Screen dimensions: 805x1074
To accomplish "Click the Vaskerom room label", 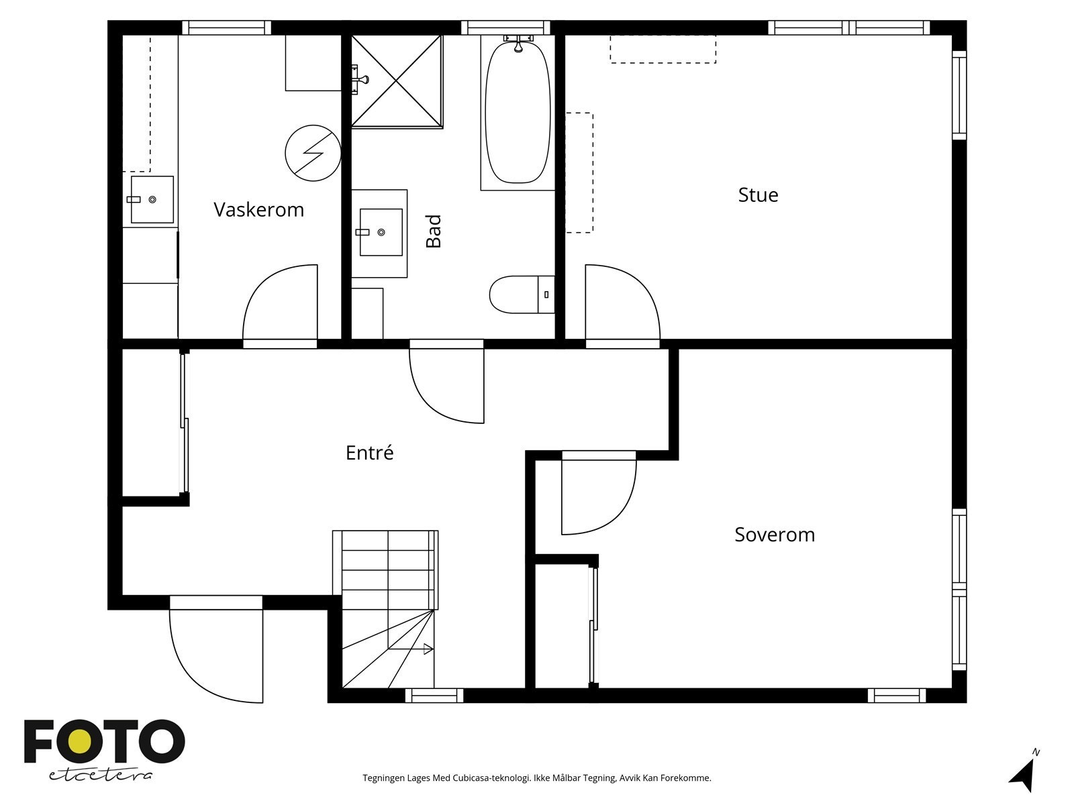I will point(258,210).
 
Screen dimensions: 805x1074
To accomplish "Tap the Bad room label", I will point(434,231).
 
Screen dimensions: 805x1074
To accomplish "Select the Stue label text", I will point(758,195).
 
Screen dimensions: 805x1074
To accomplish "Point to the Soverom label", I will point(774,535).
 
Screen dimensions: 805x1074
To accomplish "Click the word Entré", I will point(369,453).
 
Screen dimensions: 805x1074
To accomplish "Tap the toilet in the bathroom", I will point(520,294).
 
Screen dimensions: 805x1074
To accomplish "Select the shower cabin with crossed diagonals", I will point(397,80).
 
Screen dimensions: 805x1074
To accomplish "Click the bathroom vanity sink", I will point(381,232).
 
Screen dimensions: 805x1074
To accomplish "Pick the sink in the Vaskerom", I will point(152,199).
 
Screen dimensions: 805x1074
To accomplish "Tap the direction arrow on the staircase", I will point(428,649).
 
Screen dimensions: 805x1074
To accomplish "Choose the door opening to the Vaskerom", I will point(279,305).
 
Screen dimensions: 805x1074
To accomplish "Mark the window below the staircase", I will point(434,696).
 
